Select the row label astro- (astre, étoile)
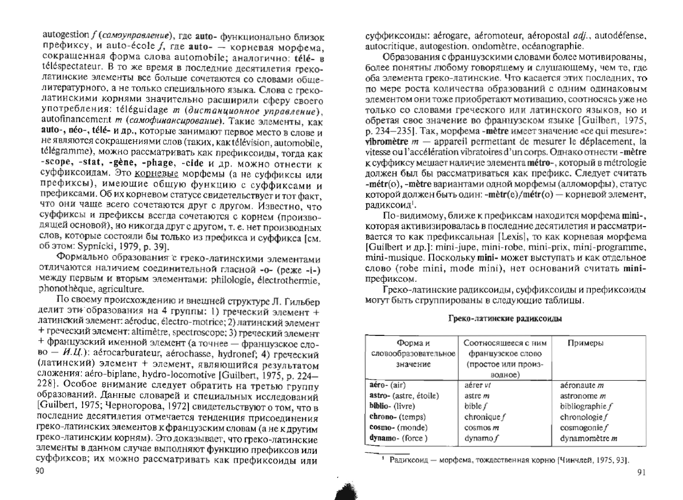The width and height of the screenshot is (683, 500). [x=404, y=395]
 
